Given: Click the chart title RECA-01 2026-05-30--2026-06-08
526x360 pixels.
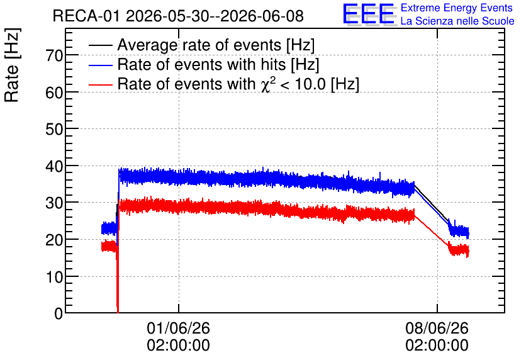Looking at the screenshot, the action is (178, 16).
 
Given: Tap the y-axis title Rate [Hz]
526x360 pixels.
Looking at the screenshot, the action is (12, 65).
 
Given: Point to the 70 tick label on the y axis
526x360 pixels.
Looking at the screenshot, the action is (54, 55).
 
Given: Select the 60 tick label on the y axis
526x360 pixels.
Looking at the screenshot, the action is (54, 93).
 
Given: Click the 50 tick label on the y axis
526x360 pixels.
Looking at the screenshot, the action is (54, 129).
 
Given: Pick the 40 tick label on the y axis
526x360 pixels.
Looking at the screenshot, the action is (54, 166).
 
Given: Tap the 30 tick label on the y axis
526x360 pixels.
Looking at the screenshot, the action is (54, 203).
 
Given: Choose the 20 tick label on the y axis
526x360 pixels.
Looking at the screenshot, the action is (54, 240).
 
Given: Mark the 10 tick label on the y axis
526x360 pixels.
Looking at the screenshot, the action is (54, 277).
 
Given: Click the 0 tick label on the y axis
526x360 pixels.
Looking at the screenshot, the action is (59, 313).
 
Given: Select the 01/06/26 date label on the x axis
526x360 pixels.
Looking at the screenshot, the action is (179, 328).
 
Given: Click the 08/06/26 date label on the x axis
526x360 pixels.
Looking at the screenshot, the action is (437, 328).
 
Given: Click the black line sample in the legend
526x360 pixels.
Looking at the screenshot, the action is (100, 45).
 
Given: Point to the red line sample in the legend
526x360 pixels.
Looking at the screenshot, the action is (100, 84).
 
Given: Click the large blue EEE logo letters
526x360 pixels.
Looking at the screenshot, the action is (369, 14).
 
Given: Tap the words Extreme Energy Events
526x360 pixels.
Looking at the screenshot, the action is (457, 8).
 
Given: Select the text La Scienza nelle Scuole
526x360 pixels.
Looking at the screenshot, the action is (457, 21).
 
